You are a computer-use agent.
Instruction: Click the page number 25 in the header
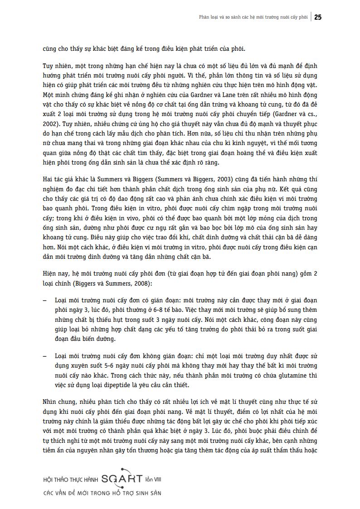[318, 17]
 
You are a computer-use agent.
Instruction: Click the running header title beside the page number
[253, 18]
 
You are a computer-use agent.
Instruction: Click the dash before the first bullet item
[44, 301]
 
